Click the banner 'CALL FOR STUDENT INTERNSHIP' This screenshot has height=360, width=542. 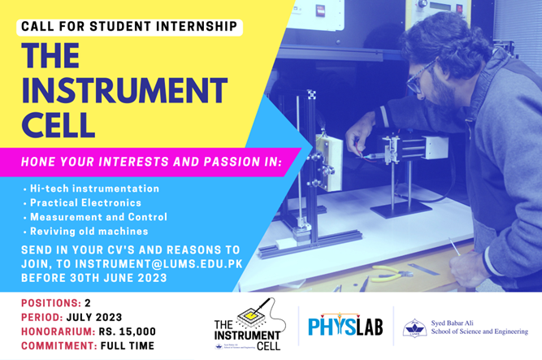pyautogui.click(x=129, y=27)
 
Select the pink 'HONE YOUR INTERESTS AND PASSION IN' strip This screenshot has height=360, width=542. pyautogui.click(x=151, y=162)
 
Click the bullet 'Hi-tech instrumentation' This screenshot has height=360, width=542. pyautogui.click(x=94, y=189)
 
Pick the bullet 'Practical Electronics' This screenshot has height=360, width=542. pyautogui.click(x=85, y=202)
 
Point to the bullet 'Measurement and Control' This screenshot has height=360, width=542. pyautogui.click(x=98, y=217)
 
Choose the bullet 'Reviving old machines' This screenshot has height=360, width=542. pyautogui.click(x=89, y=232)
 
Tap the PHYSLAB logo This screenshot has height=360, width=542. pyautogui.click(x=345, y=327)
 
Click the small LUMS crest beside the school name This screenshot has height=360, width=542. pyautogui.click(x=414, y=327)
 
